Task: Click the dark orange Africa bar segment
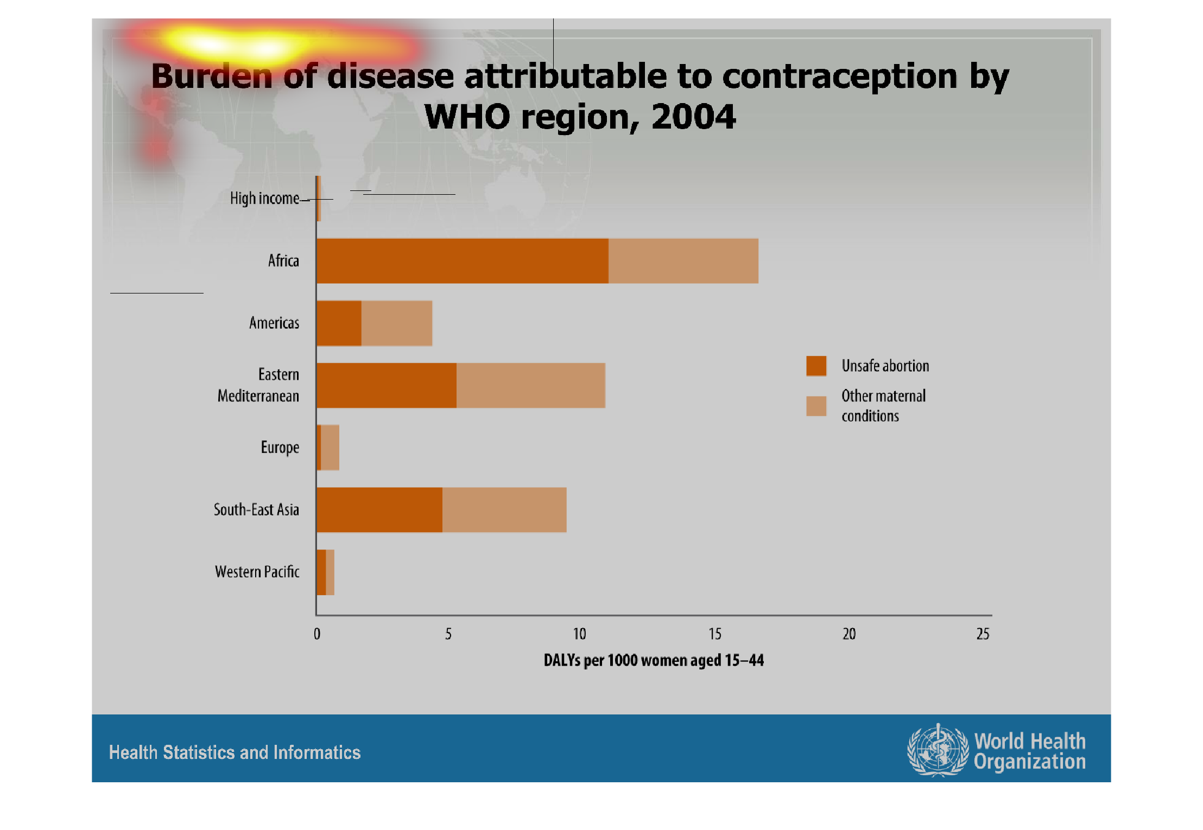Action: pyautogui.click(x=462, y=261)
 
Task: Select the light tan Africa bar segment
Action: pyautogui.click(x=683, y=261)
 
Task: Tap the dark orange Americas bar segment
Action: pyautogui.click(x=339, y=323)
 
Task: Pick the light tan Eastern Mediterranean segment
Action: pyautogui.click(x=530, y=386)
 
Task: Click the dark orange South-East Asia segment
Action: pyautogui.click(x=379, y=510)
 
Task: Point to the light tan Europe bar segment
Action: pyautogui.click(x=330, y=448)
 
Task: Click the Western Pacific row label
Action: pyautogui.click(x=257, y=572)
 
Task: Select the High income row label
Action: pyautogui.click(x=264, y=199)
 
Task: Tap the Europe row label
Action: pyautogui.click(x=280, y=448)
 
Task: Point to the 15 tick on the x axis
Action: pyautogui.click(x=714, y=634)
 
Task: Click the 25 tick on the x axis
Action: pyautogui.click(x=983, y=634)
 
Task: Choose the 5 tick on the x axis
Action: pyautogui.click(x=448, y=634)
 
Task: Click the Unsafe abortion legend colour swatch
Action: pyautogui.click(x=816, y=366)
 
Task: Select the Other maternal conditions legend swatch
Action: pyautogui.click(x=816, y=406)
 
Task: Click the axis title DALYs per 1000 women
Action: pyautogui.click(x=654, y=660)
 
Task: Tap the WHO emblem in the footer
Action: pyautogui.click(x=938, y=750)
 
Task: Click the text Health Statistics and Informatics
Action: pyautogui.click(x=235, y=752)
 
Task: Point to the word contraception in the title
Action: pyautogui.click(x=840, y=76)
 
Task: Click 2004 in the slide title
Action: pyautogui.click(x=693, y=117)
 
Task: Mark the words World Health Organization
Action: pyautogui.click(x=1029, y=751)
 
